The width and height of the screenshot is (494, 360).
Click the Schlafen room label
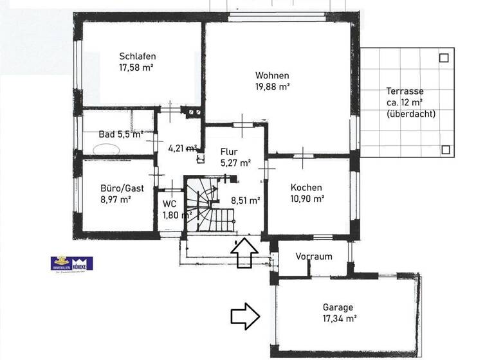point(138,56)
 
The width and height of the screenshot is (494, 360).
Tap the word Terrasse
point(405,91)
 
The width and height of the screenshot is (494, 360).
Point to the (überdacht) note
point(411,114)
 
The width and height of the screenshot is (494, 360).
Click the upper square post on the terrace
point(443,58)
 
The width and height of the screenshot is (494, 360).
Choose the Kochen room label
point(306,187)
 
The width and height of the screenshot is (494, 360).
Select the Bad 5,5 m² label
point(120,134)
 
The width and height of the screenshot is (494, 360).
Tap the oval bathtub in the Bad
point(107,148)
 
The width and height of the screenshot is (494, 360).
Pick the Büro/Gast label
point(122,188)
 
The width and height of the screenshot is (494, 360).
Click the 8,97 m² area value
point(116,199)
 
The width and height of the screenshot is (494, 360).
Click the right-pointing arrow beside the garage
point(244,316)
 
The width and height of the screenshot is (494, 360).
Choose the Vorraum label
point(314,256)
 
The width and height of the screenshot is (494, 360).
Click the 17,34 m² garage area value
point(340,318)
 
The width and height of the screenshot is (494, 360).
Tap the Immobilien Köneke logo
point(72,264)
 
